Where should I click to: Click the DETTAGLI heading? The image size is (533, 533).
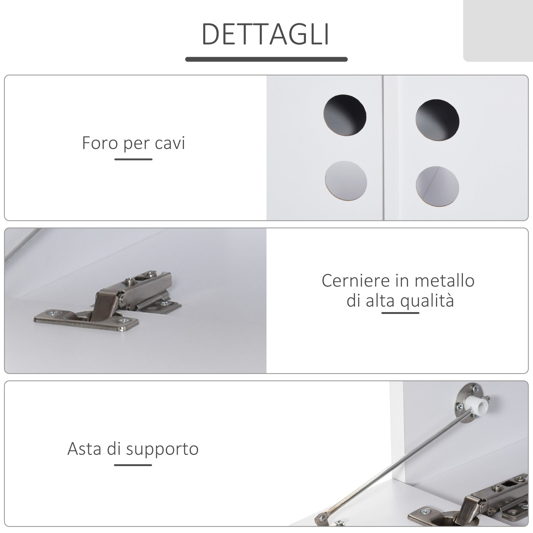[265, 34]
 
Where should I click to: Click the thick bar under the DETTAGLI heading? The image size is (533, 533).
[266, 59]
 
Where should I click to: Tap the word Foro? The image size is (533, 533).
[100, 143]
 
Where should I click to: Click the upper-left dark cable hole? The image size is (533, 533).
[345, 115]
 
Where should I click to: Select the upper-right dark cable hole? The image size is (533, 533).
[437, 120]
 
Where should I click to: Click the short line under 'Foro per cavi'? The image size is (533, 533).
[134, 159]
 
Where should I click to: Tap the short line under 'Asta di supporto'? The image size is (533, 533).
[133, 465]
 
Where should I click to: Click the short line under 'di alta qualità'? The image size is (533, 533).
[400, 313]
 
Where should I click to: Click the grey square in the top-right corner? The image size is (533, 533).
[498, 30]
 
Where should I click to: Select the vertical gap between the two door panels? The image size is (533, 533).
[383, 148]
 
